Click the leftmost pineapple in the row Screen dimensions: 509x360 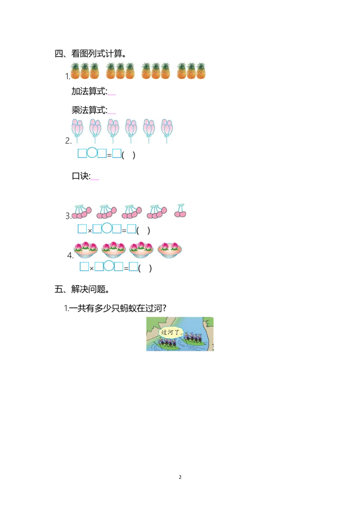pos(75,71)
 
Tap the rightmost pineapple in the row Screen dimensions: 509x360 pos(201,71)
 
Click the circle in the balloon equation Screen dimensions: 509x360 pos(92,153)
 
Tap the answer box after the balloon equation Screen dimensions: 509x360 pos(117,153)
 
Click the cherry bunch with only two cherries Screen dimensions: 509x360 pos(180,210)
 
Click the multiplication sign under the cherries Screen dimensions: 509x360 pos(90,231)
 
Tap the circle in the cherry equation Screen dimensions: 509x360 pos(107,228)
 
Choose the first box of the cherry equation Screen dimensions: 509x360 pos(82,228)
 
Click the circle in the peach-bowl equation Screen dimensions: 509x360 pos(109,266)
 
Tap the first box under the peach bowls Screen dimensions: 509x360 pos(84,266)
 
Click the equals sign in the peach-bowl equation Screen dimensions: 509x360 pos(126,268)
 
